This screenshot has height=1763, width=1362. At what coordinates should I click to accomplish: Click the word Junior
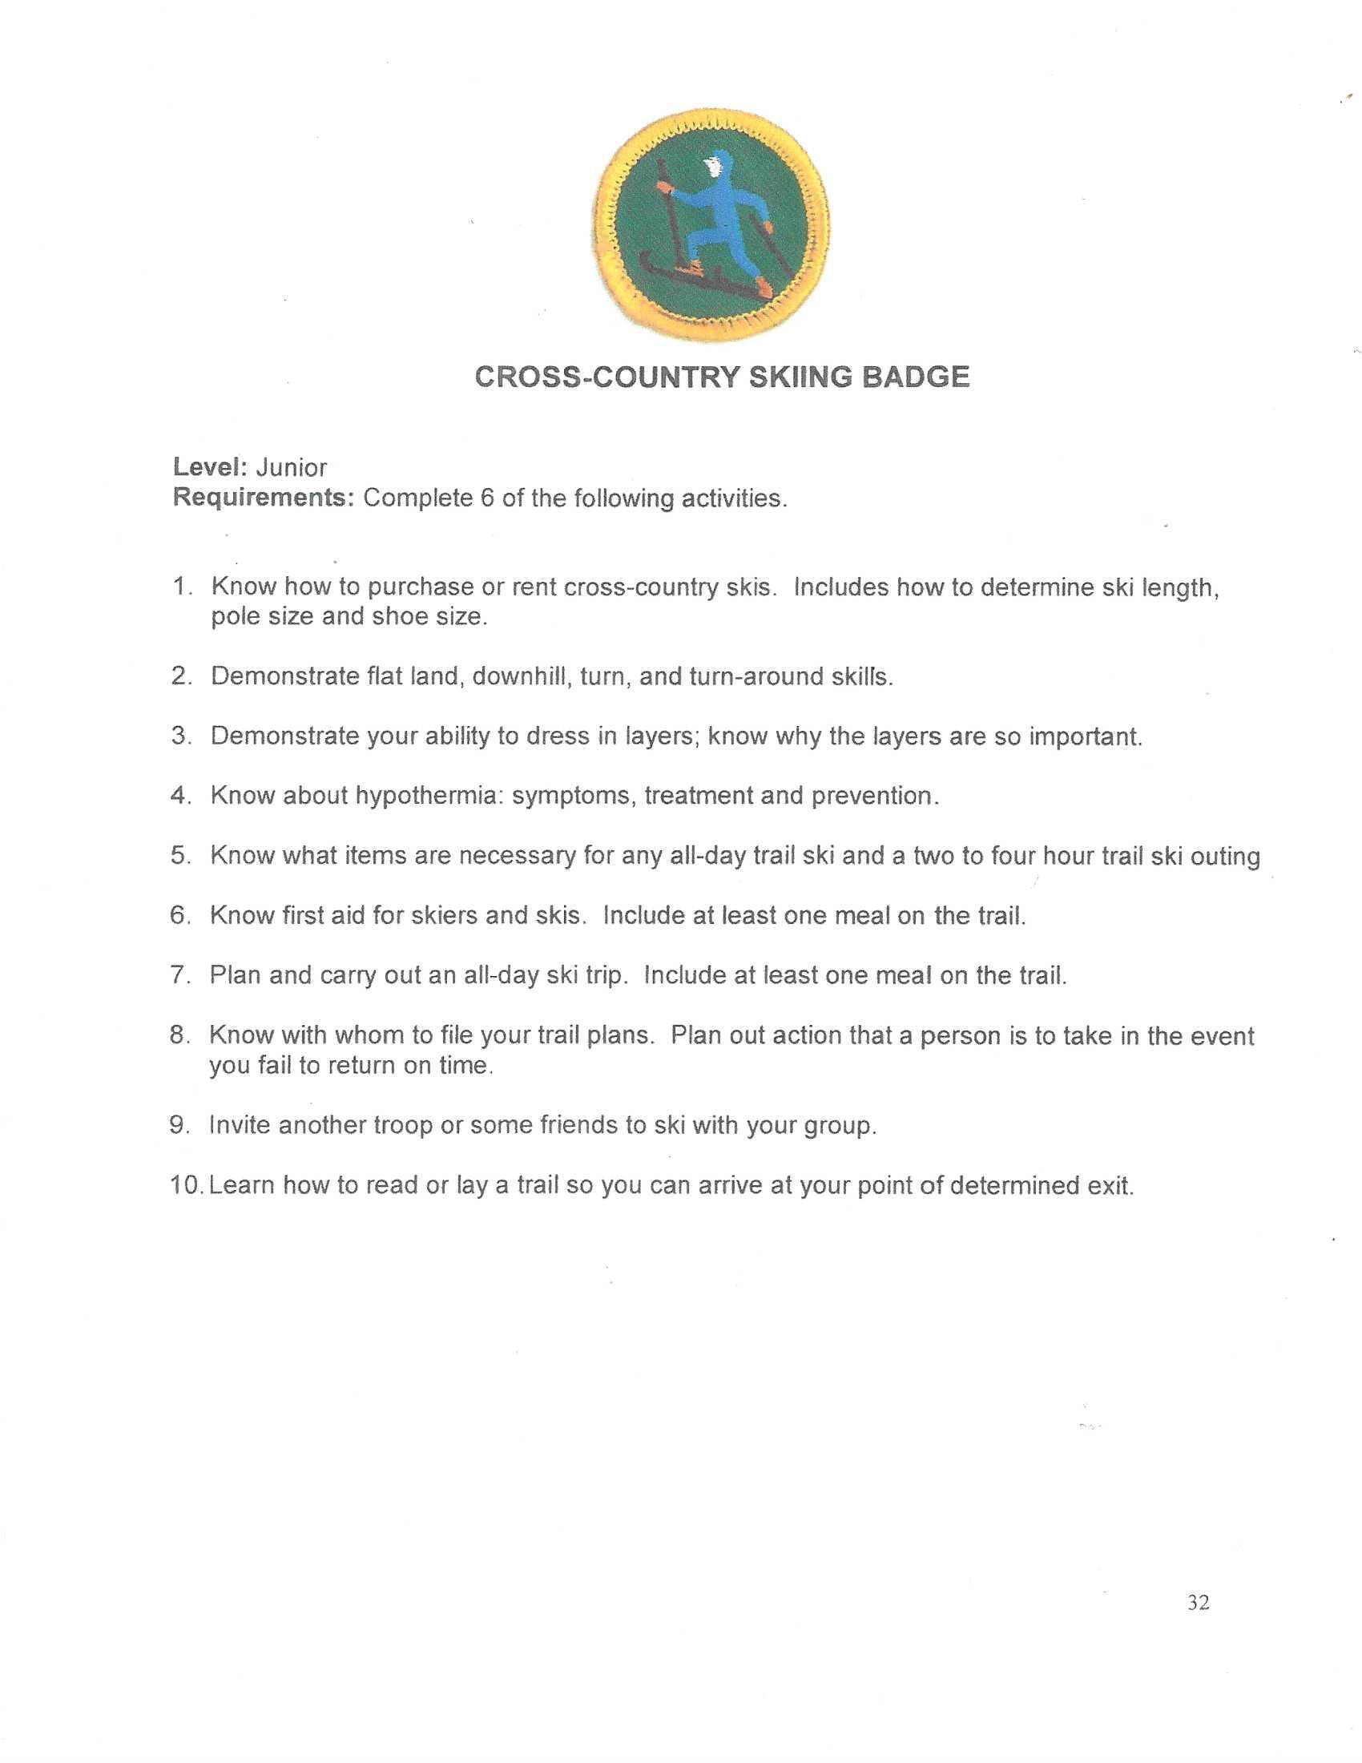coord(291,467)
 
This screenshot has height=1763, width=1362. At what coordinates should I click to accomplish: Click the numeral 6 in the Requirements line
coord(486,498)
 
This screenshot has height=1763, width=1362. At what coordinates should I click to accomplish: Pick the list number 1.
coord(179,587)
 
